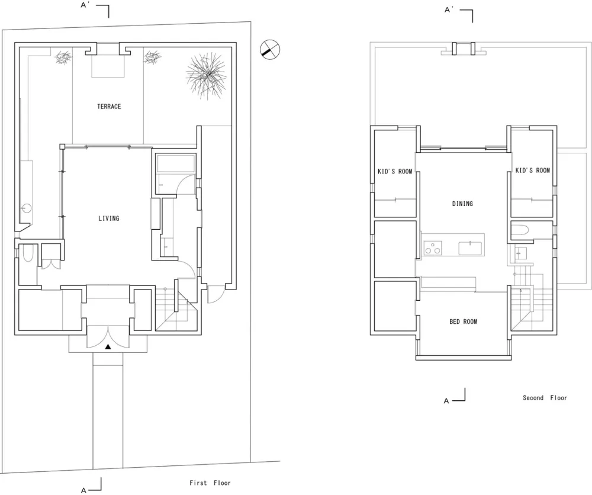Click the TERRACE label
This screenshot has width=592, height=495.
click(x=109, y=107)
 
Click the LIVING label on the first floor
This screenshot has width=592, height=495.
click(x=109, y=218)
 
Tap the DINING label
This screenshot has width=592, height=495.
click(x=462, y=204)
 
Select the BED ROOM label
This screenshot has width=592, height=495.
click(x=463, y=322)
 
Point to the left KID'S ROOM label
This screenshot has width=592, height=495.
click(x=395, y=172)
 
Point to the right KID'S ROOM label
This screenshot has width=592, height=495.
click(x=532, y=171)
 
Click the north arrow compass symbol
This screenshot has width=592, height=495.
click(x=269, y=50)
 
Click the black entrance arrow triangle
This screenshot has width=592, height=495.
click(x=108, y=348)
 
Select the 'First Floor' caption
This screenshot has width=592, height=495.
click(x=210, y=483)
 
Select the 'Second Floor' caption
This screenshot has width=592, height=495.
click(x=545, y=398)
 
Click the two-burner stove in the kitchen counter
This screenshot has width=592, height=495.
click(x=433, y=248)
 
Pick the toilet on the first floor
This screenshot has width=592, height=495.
click(x=28, y=256)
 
